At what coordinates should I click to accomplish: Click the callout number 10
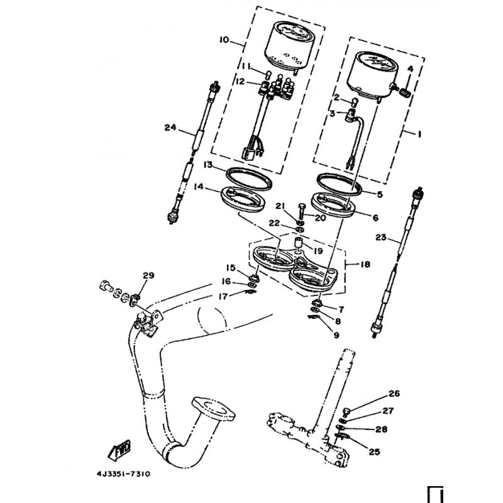coord(224,40)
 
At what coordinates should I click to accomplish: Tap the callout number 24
coord(170,128)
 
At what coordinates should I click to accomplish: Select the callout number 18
coord(365,264)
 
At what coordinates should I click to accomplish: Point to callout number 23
coord(381,238)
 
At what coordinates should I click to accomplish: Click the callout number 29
coord(148,275)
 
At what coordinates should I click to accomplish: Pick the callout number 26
coord(394,394)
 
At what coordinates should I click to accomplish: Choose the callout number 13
coord(208,165)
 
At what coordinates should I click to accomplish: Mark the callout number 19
coord(318,250)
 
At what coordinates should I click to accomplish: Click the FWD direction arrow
coord(119,448)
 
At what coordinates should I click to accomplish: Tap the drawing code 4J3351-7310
coord(123,474)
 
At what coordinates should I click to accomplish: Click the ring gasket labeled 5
coord(340,184)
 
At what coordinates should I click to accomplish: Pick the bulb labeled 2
coord(355,102)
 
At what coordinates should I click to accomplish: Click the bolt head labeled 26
coord(346,411)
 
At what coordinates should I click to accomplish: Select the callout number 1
coord(419,134)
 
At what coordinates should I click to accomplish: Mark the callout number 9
coord(336,335)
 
